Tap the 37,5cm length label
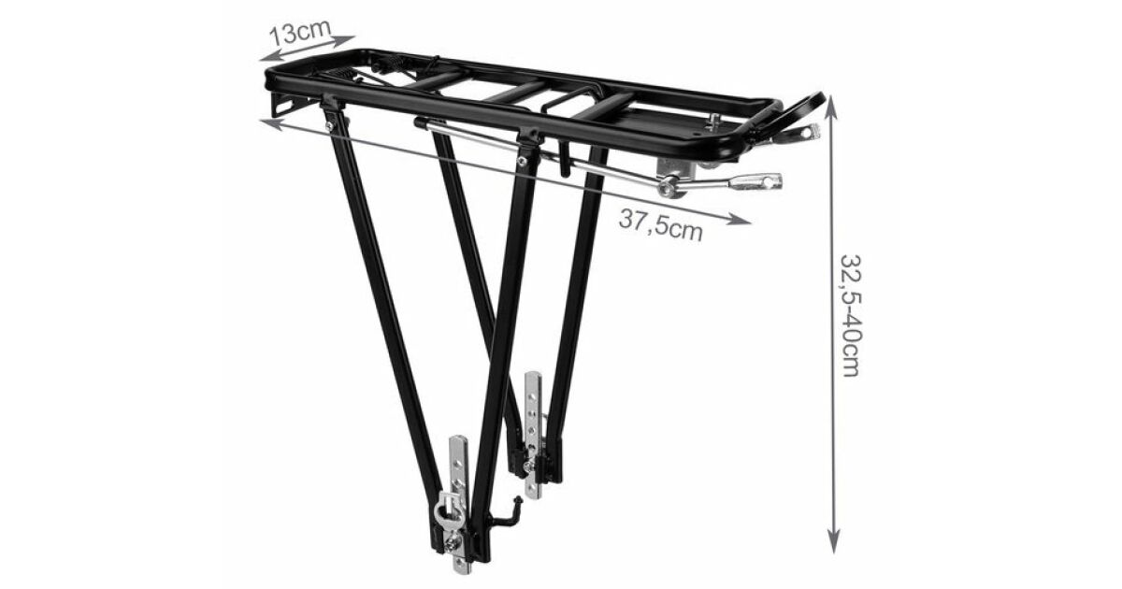pyautogui.click(x=661, y=225)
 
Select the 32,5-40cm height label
pyautogui.click(x=850, y=316)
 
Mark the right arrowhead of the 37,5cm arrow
pyautogui.click(x=740, y=219)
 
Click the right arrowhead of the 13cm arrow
pyautogui.click(x=343, y=39)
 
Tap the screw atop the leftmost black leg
pyautogui.click(x=329, y=126)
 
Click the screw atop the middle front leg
pyautogui.click(x=523, y=161)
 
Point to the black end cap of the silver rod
pyautogui.click(x=421, y=122)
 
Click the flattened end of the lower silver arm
pyautogui.click(x=756, y=181)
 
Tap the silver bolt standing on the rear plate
pyautogui.click(x=712, y=122)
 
